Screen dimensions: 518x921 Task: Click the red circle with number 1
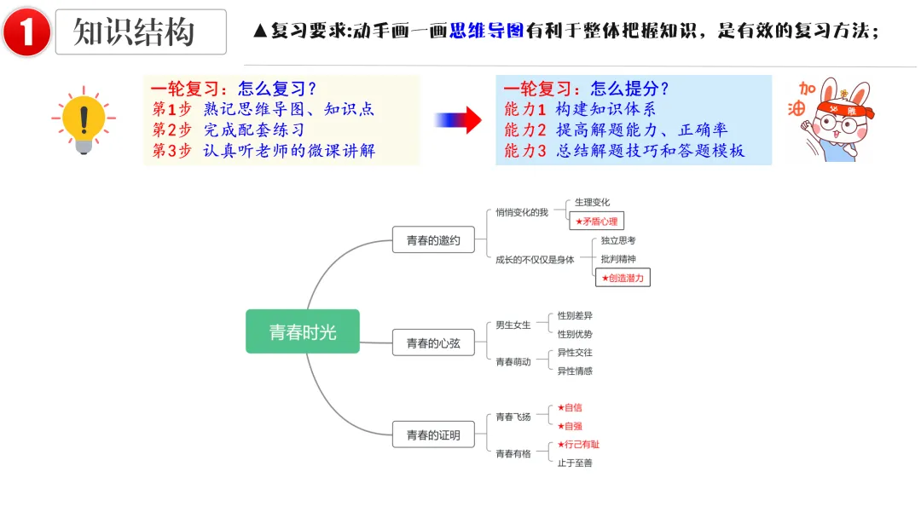(26, 32)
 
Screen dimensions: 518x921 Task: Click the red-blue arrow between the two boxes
(458, 120)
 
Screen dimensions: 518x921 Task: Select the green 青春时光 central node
(303, 331)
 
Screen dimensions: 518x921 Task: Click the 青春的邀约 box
(433, 240)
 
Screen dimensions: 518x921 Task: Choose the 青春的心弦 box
(433, 342)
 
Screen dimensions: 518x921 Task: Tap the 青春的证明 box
(433, 435)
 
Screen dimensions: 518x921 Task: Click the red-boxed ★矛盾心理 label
(596, 221)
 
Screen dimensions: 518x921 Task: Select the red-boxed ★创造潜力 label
(623, 277)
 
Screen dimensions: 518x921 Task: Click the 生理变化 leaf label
(593, 202)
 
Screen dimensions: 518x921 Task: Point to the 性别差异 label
(575, 315)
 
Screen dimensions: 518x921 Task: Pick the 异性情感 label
(575, 371)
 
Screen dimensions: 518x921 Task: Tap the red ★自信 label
(570, 407)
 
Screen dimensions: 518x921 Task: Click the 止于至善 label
(575, 463)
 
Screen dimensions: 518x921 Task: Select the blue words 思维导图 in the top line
(486, 32)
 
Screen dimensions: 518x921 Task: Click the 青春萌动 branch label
(513, 361)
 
